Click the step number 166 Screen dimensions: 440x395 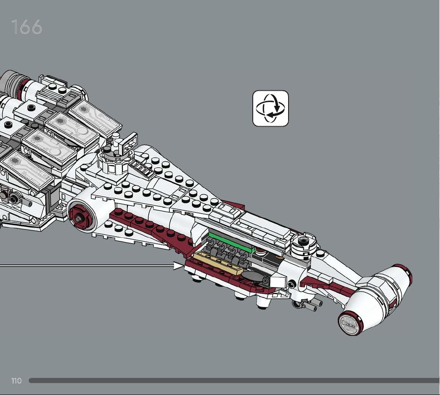coord(27,27)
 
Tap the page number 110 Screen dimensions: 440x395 coord(16,381)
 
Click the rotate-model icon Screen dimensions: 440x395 coord(271,108)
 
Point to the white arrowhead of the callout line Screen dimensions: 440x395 coord(178,265)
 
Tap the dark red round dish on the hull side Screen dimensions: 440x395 coord(80,216)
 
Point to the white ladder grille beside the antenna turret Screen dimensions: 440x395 coord(142,168)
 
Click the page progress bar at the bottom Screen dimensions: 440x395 coord(235,381)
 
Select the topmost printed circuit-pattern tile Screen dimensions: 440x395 coord(95,118)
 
